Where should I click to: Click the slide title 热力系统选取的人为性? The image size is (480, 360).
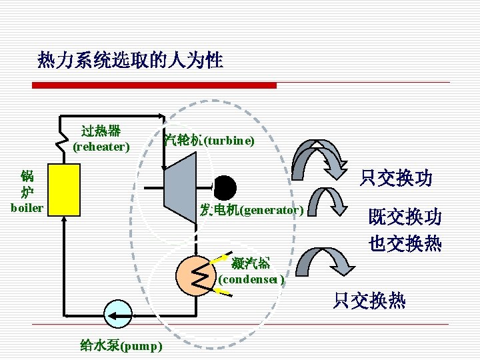tap(131, 61)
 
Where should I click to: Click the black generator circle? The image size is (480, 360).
tap(225, 187)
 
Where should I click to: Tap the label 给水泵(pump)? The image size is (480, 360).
tap(121, 345)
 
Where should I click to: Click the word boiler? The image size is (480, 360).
tap(27, 208)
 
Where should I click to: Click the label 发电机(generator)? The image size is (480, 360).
tap(252, 211)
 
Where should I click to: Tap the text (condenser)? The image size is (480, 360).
tap(252, 279)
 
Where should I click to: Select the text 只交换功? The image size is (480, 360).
tap(396, 179)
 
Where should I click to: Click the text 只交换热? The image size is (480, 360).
tap(369, 301)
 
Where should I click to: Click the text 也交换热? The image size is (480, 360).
tap(405, 244)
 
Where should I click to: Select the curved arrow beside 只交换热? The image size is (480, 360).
tap(322, 261)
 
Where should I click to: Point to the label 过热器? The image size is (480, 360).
tap(101, 130)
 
